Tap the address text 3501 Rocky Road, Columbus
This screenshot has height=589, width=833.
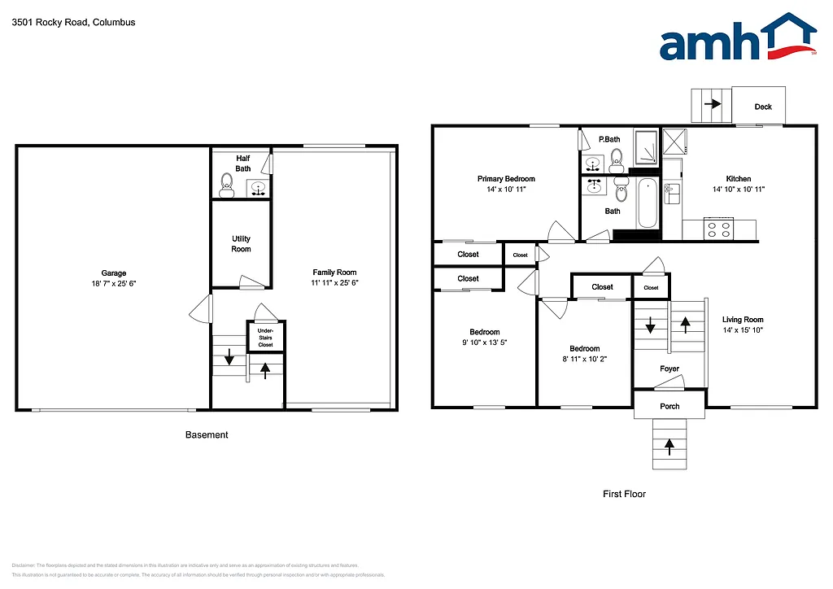tap(73, 23)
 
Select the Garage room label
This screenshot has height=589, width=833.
tap(114, 273)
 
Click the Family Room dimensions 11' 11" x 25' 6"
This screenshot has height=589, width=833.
tap(335, 283)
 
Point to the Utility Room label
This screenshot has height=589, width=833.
tap(241, 244)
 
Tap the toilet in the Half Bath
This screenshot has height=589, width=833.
tap(227, 186)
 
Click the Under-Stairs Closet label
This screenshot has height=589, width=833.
tap(265, 338)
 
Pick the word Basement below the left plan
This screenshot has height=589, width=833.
tap(207, 435)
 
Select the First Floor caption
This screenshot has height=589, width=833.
tap(625, 494)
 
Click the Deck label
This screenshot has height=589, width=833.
tap(763, 107)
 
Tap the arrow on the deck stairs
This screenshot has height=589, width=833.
tap(713, 104)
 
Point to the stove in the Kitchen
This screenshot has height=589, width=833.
tap(719, 229)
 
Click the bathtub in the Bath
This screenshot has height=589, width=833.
tap(648, 203)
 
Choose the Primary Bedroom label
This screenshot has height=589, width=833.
tap(506, 179)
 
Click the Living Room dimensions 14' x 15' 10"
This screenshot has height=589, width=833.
tap(744, 330)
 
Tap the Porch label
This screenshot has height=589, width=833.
tap(669, 406)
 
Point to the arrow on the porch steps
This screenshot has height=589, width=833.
tap(669, 446)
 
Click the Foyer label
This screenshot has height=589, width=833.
tap(669, 369)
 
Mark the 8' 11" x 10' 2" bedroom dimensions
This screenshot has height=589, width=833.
tap(585, 359)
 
